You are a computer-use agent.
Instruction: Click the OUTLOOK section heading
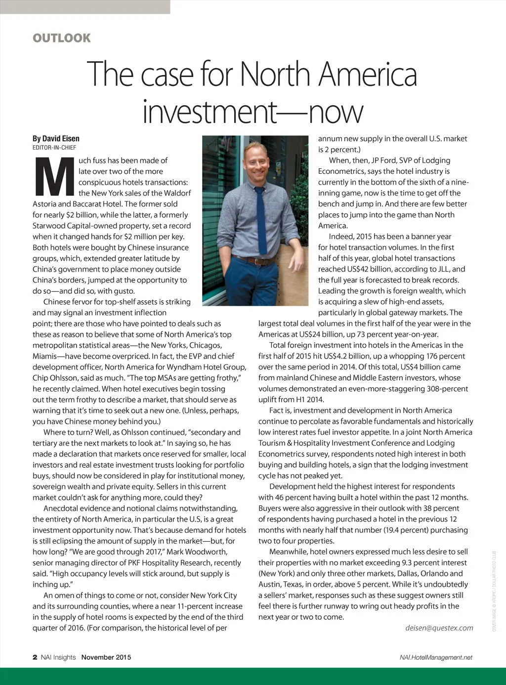pos(62,38)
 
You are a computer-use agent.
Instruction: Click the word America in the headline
pos(368,75)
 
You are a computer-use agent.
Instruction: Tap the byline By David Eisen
pos(56,139)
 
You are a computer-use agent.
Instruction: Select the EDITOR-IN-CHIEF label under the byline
pos(54,148)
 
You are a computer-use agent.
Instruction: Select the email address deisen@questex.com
pos(439,628)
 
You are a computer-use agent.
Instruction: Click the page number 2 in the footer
pos(35,657)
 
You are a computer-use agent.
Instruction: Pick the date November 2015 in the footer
pos(106,657)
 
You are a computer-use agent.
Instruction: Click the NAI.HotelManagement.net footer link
pos(436,657)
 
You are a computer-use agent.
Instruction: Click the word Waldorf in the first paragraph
pos(175,193)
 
